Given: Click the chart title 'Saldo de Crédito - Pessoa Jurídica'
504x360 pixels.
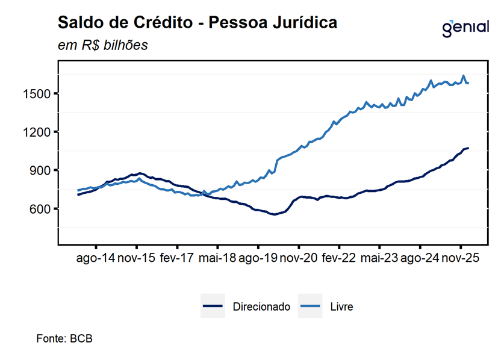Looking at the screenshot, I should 197,23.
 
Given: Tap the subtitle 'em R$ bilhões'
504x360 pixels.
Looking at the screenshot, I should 102,46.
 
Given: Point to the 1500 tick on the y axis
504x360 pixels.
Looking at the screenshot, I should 39,93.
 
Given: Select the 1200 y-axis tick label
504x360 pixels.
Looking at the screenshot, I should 39,132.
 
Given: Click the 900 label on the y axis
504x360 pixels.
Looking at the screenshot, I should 42,170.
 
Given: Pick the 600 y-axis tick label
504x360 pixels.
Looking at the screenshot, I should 42,209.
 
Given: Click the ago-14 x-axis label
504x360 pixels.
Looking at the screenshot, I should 95,259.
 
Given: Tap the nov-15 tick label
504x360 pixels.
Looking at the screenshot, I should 136,259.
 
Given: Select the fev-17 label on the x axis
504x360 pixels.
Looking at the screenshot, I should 176,259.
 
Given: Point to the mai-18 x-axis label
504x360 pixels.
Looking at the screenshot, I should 217,259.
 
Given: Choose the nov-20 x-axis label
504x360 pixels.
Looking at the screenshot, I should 299,259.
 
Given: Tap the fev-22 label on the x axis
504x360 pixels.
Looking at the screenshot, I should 339,259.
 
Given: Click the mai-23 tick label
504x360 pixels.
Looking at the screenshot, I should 379,259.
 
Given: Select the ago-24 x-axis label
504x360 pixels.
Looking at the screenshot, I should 420,259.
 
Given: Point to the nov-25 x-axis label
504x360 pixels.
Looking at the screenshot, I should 461,259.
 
